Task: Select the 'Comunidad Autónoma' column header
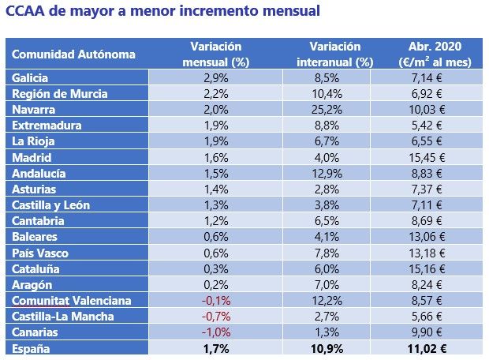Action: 74,54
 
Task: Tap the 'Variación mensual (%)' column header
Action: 211,54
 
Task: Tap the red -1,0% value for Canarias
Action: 211,332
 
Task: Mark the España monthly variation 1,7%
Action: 211,348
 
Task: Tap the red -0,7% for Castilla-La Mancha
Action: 211,317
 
